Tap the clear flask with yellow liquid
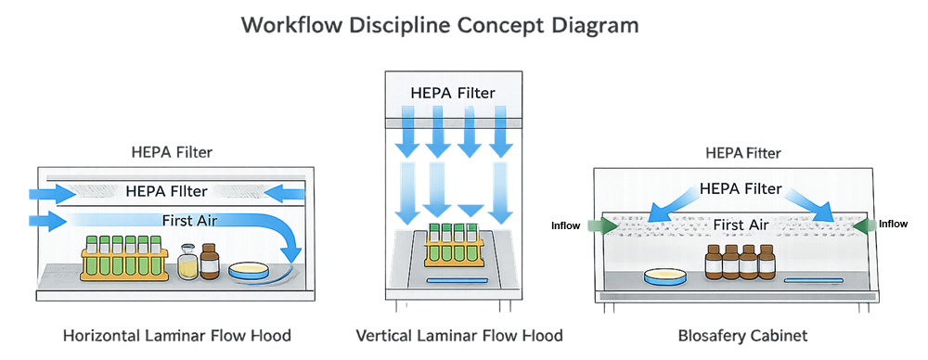pyautogui.click(x=187, y=263)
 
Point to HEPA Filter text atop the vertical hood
pyautogui.click(x=453, y=93)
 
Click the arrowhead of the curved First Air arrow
pyautogui.click(x=295, y=252)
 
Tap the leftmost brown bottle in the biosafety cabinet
pyautogui.click(x=713, y=264)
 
